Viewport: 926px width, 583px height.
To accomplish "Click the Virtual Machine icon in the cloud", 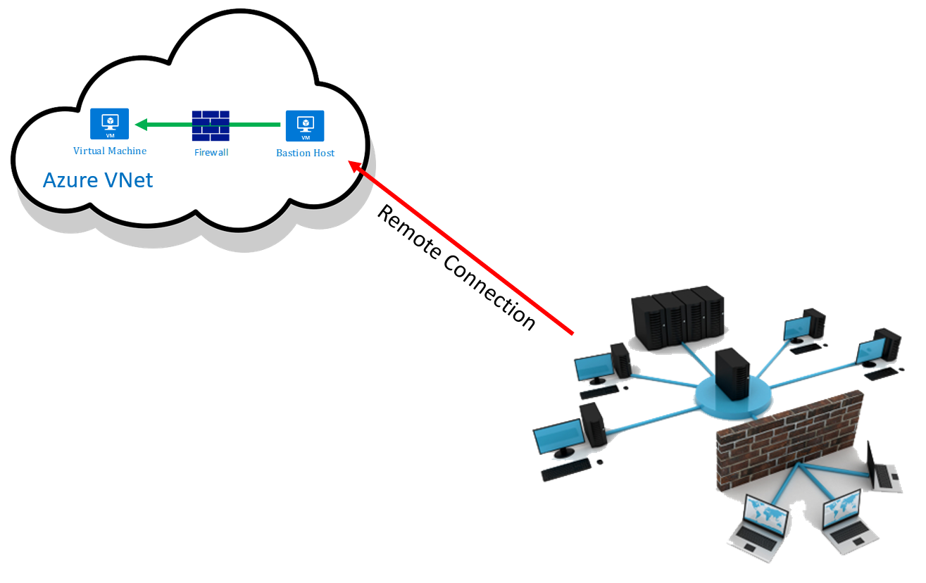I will tap(109, 124).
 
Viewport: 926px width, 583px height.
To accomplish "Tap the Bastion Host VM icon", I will tap(305, 125).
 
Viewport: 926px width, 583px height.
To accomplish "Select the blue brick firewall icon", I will tap(211, 125).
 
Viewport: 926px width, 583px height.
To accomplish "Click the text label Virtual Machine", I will tap(110, 151).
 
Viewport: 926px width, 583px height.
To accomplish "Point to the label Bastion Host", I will tap(305, 153).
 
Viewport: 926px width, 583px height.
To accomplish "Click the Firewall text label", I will tap(211, 152).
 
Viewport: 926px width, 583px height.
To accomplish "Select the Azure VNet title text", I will tap(98, 180).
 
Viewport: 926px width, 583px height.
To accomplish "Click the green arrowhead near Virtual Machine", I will tap(141, 125).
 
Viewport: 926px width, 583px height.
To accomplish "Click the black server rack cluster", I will tap(677, 317).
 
